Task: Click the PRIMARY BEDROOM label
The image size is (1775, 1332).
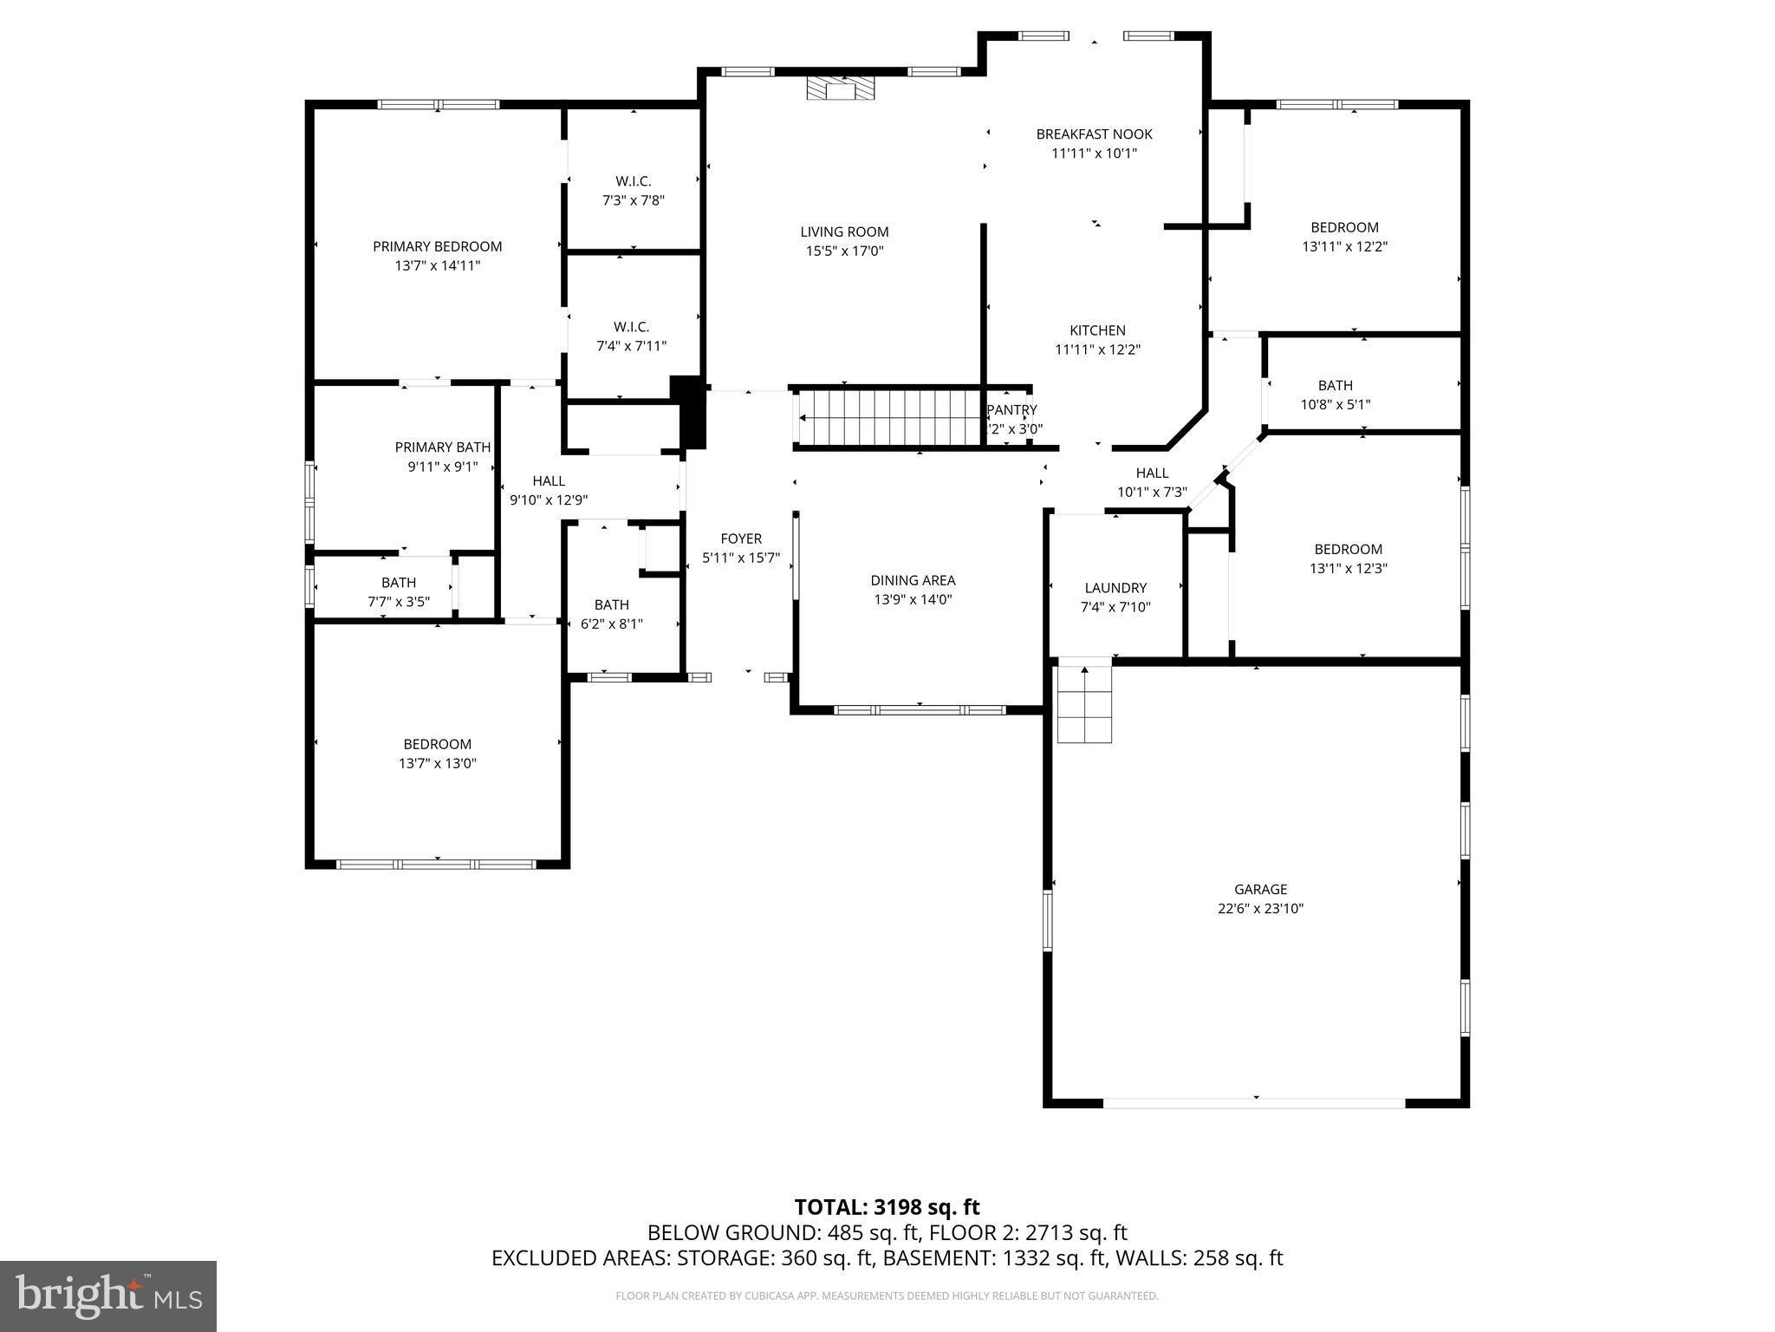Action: point(437,246)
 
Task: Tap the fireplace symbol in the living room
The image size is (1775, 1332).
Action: point(840,88)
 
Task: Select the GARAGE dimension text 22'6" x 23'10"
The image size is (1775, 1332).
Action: point(1260,909)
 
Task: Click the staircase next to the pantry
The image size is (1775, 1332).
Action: point(889,417)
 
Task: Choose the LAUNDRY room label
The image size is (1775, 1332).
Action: point(1115,588)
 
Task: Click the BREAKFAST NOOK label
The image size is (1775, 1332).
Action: point(1094,134)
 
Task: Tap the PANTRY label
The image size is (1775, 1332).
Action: point(1011,410)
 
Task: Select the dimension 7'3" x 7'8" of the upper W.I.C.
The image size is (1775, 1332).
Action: point(634,200)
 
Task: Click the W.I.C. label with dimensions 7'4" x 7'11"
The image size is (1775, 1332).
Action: point(631,327)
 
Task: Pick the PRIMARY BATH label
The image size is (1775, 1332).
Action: point(442,447)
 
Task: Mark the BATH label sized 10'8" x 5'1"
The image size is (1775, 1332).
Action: point(1335,385)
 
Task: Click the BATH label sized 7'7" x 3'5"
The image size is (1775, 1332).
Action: point(399,583)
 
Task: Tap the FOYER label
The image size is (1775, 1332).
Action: point(740,539)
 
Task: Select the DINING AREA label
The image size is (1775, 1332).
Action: point(913,580)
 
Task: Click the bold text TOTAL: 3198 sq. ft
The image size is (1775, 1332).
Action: point(887,1207)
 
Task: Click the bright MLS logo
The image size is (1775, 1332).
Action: point(107,1296)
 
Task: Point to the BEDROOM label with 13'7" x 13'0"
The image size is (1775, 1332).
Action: point(437,744)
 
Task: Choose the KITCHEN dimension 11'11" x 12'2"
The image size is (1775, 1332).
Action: point(1097,350)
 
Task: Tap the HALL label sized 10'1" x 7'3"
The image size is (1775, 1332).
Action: point(1152,473)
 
